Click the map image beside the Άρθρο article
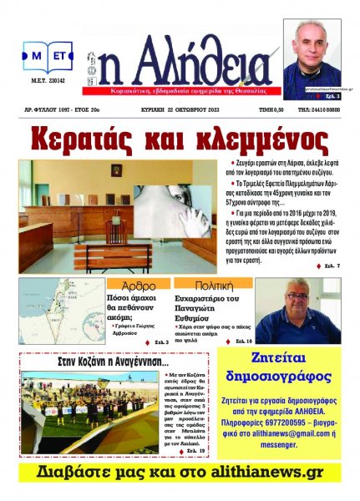point(61,311)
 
